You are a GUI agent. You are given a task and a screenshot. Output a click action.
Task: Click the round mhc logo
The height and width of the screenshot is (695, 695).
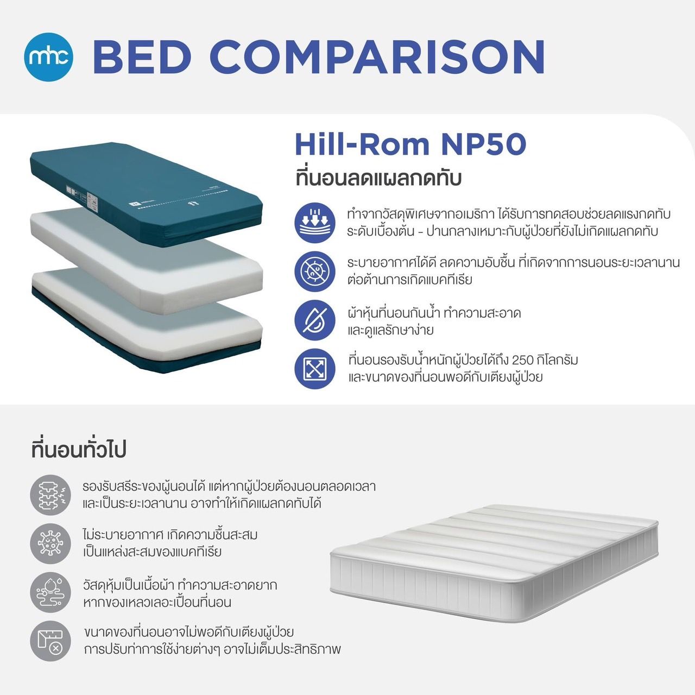coord(49,56)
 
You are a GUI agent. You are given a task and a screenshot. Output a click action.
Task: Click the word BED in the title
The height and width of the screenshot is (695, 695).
coord(142,56)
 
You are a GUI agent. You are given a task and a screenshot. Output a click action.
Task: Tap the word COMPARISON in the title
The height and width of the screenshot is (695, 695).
coord(377,56)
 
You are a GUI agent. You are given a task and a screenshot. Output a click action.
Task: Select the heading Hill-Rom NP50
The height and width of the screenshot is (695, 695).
coord(410,144)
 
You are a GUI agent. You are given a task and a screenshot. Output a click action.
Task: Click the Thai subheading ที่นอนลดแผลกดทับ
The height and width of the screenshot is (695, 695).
coord(378,178)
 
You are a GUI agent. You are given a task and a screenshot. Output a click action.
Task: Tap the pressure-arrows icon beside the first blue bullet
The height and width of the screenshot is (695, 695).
coord(315,223)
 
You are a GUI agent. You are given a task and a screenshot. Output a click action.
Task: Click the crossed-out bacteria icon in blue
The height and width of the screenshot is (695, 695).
coord(315,271)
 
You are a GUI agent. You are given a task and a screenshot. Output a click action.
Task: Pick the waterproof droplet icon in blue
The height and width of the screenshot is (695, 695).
coord(315,320)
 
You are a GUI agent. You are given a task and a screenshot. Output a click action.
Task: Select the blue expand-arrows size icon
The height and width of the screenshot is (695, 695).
coord(315,369)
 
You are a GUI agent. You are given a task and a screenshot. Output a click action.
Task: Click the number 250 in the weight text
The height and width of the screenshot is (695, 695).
coord(522,360)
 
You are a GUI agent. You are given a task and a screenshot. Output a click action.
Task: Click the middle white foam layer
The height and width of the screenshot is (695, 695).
coord(147,255)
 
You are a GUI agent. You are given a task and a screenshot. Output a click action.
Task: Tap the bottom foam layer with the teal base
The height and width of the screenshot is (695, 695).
coord(147,320)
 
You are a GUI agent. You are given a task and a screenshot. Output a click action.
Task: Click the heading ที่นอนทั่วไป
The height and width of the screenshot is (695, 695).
coord(79,450)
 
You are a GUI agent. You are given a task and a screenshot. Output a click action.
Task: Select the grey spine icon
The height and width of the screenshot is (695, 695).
coord(50,495)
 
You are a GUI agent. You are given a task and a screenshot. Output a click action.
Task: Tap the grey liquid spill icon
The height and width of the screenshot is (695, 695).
coord(50,592)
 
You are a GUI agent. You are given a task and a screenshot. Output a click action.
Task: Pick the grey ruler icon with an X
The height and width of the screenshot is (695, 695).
coord(50,641)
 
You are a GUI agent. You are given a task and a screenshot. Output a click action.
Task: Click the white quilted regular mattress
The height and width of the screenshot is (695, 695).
coord(494,565)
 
